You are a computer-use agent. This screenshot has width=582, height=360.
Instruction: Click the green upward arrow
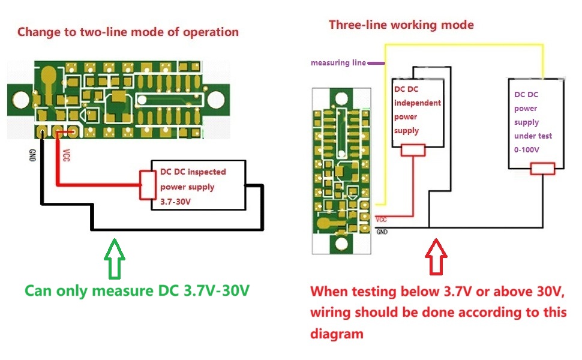point(115,259)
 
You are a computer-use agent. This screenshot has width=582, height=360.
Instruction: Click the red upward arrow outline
point(436,257)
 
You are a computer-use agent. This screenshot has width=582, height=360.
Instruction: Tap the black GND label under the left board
point(32,155)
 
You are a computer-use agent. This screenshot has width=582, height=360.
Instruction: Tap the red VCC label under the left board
point(66,155)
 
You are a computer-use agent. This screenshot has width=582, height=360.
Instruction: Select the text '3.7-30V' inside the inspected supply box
point(175,202)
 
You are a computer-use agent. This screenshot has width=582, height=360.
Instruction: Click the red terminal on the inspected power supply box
point(148,185)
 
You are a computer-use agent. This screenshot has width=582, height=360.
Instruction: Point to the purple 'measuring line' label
point(338,63)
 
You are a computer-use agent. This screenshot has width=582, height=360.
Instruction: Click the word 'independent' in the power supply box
point(417,103)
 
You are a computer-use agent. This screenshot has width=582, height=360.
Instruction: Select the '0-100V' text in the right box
point(526,149)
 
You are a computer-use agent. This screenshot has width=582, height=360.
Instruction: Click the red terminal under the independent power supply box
point(413,151)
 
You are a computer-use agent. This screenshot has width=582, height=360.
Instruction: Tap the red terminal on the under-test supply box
point(542,169)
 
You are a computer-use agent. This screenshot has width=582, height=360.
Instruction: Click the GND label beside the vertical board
point(382,232)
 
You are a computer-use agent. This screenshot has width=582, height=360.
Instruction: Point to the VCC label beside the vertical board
point(381,220)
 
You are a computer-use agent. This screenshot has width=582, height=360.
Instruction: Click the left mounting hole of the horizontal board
point(21,100)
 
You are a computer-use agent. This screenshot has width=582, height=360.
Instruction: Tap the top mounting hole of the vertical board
point(341,99)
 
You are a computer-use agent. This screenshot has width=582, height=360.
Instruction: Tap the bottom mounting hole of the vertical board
point(341,244)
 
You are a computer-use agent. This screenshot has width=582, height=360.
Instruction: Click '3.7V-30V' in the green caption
point(217,290)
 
